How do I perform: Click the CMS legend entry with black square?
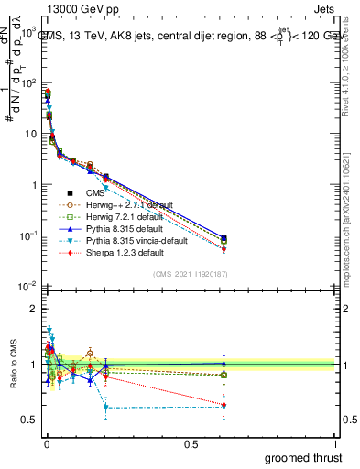(x=95, y=193)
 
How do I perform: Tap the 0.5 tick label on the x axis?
(x=191, y=444)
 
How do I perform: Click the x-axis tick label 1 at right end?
(x=336, y=444)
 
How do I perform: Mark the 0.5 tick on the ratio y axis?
(x=27, y=420)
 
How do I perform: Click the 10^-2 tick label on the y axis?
(x=26, y=287)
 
